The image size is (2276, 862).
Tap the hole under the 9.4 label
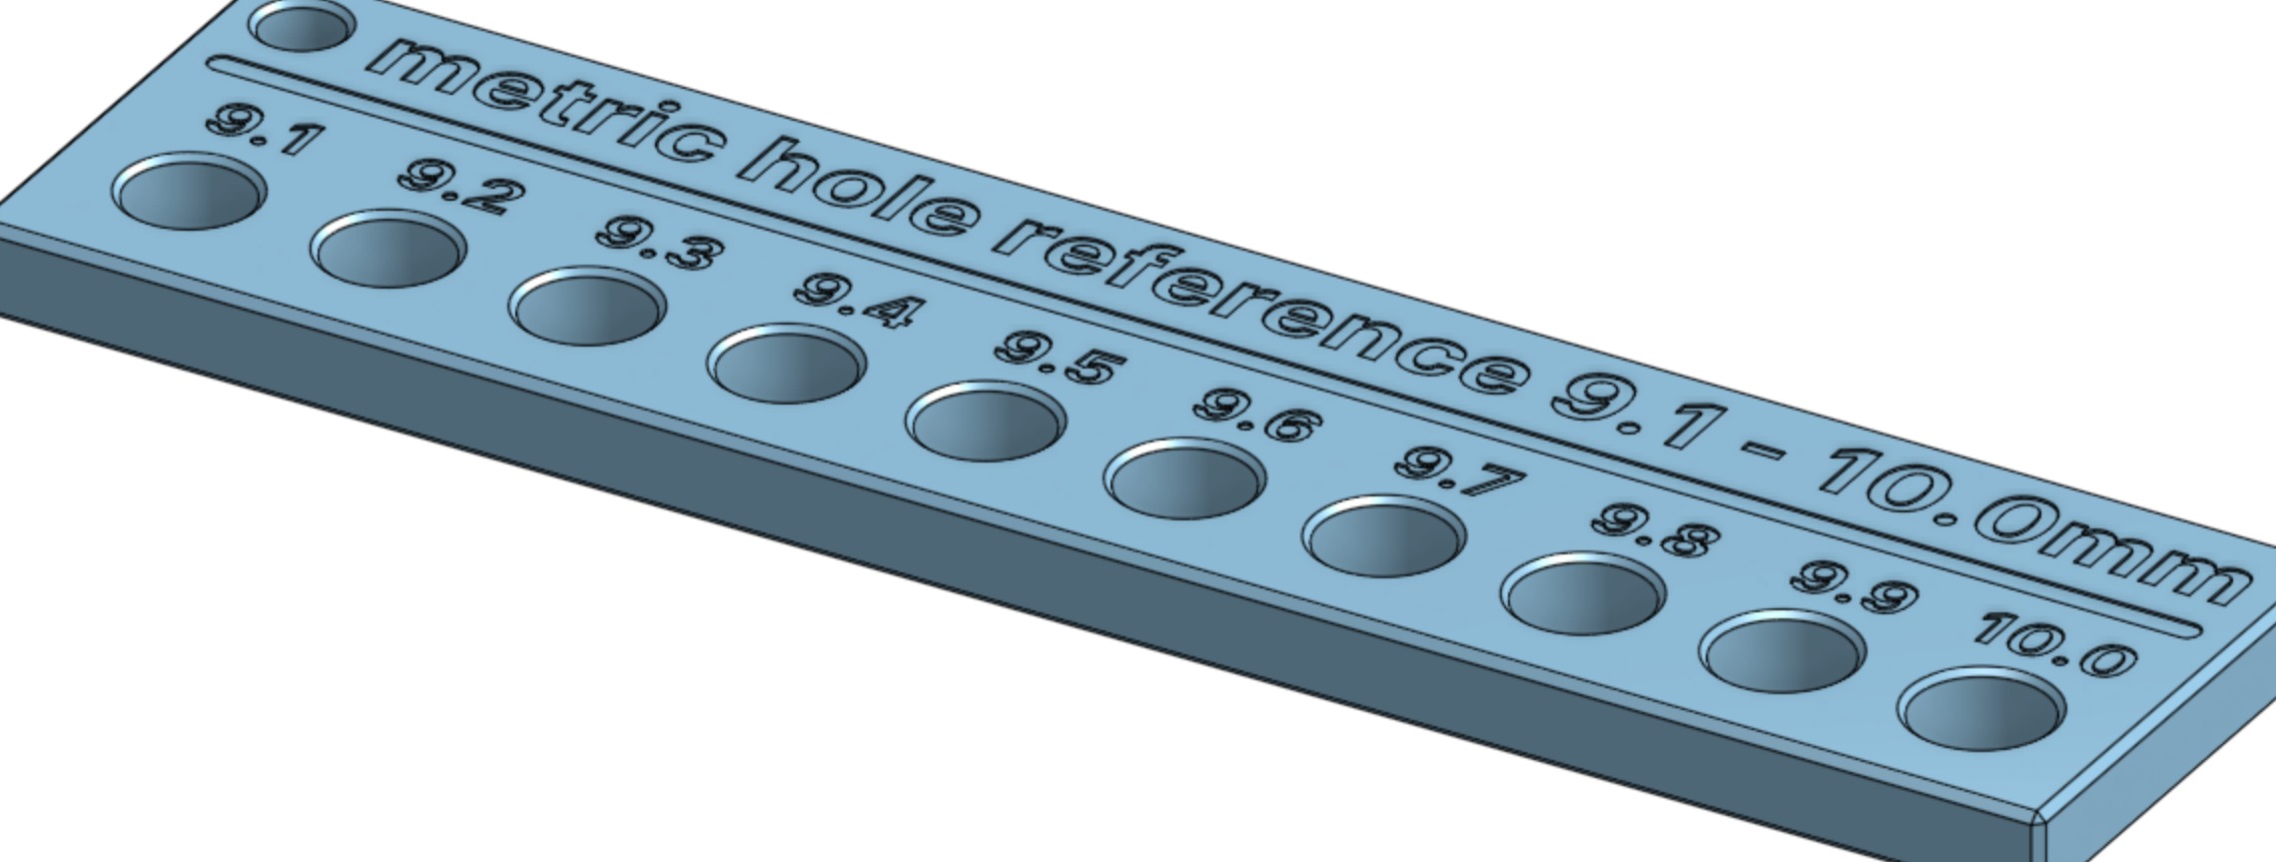point(786,364)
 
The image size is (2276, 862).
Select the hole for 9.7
point(1383,536)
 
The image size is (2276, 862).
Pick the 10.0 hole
point(1981,710)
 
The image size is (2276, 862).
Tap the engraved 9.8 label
point(1656,532)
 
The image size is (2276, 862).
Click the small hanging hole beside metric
point(302,25)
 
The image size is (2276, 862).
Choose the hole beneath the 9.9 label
point(1782,652)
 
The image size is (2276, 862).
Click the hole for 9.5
point(985,422)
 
